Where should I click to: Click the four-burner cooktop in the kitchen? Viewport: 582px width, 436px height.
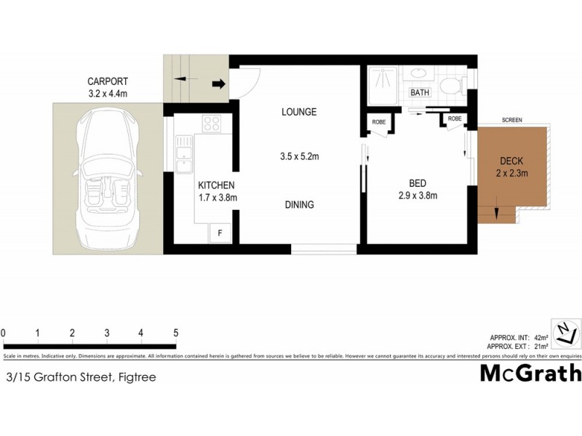(x=212, y=124)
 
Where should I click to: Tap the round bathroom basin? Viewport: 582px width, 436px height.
(x=418, y=74)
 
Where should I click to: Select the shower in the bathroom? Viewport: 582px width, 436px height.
(x=381, y=85)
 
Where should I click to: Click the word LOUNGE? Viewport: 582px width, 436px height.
(x=299, y=112)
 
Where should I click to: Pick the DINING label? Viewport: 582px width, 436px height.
(x=299, y=205)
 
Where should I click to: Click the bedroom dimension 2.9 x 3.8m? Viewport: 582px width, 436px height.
(x=417, y=195)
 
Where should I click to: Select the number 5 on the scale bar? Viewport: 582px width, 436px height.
(x=176, y=333)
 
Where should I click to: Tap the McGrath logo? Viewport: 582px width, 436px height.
(x=531, y=373)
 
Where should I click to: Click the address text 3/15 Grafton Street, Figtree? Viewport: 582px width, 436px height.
(x=80, y=377)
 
